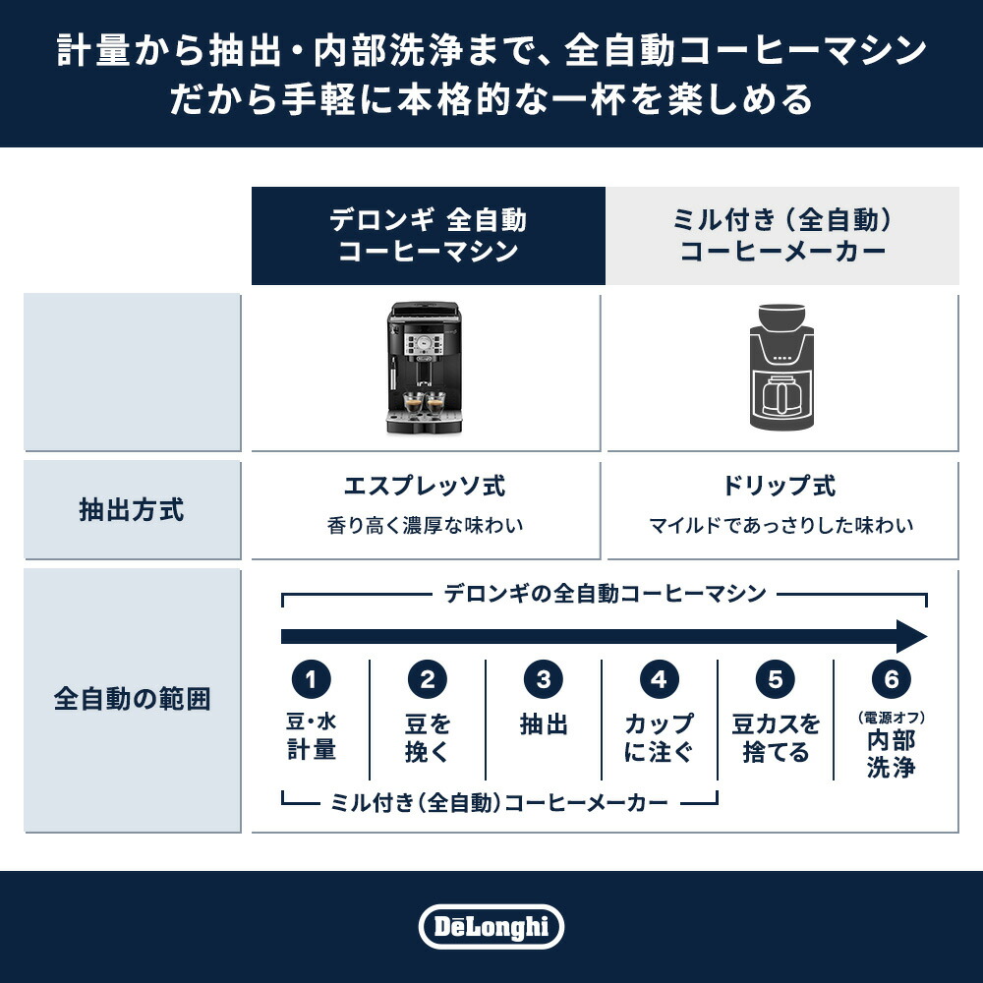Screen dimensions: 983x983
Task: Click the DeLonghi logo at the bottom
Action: pyautogui.click(x=491, y=927)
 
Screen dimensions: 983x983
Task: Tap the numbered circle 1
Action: pyautogui.click(x=312, y=679)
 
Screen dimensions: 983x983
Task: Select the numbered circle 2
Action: pyautogui.click(x=428, y=679)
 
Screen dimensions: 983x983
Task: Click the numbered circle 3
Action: pyautogui.click(x=544, y=679)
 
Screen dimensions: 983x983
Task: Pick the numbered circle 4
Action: pyautogui.click(x=659, y=679)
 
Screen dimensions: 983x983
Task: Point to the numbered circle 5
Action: pyautogui.click(x=776, y=679)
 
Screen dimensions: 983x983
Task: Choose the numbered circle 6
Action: pyautogui.click(x=892, y=679)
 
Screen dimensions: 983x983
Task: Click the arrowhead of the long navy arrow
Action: pyautogui.click(x=912, y=636)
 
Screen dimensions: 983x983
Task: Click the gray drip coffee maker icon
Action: pyautogui.click(x=782, y=369)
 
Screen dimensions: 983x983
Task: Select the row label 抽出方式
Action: pyautogui.click(x=132, y=511)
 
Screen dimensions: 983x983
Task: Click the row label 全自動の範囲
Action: pyautogui.click(x=132, y=700)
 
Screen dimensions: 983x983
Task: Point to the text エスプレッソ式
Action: pyautogui.click(x=425, y=487)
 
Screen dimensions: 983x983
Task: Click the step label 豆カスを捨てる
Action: pyautogui.click(x=776, y=739)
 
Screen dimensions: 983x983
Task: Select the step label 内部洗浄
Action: pyautogui.click(x=892, y=753)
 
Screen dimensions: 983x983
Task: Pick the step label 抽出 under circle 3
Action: pyautogui.click(x=544, y=726)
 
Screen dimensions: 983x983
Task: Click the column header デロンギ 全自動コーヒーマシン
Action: pyautogui.click(x=428, y=236)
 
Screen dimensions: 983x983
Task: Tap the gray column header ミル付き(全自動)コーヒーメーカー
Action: pyautogui.click(x=782, y=236)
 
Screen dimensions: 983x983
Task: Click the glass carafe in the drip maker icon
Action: pyautogui.click(x=783, y=397)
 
